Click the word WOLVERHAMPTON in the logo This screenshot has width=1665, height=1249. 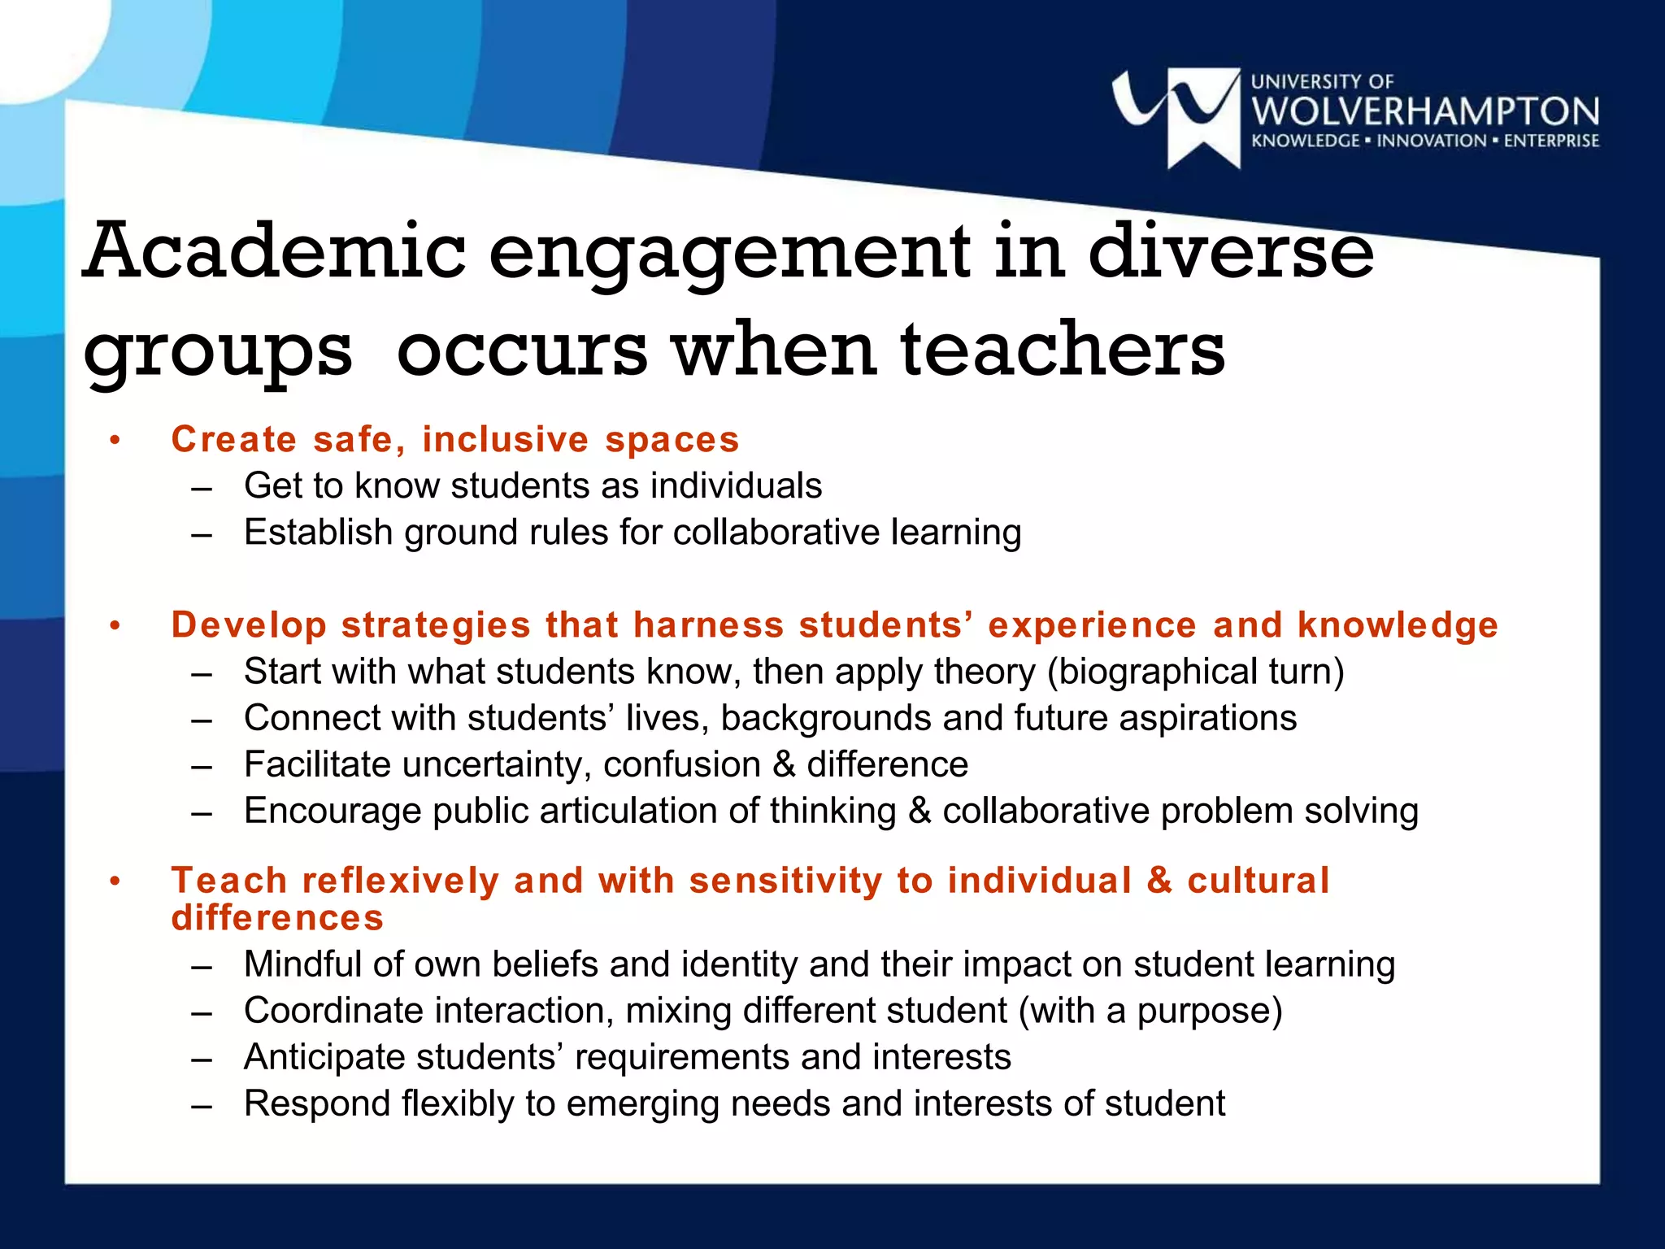(1425, 111)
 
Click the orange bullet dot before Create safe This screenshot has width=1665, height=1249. (115, 441)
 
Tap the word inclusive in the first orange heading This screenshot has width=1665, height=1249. (505, 440)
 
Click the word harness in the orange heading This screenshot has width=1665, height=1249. (709, 625)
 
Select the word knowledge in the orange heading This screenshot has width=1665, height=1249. (1398, 625)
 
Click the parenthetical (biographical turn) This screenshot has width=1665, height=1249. (1196, 672)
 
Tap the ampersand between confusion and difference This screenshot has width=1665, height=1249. (784, 765)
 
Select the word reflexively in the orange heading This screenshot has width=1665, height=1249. (400, 881)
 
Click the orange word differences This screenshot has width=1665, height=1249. (277, 918)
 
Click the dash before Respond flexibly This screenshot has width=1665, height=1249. (202, 1105)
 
